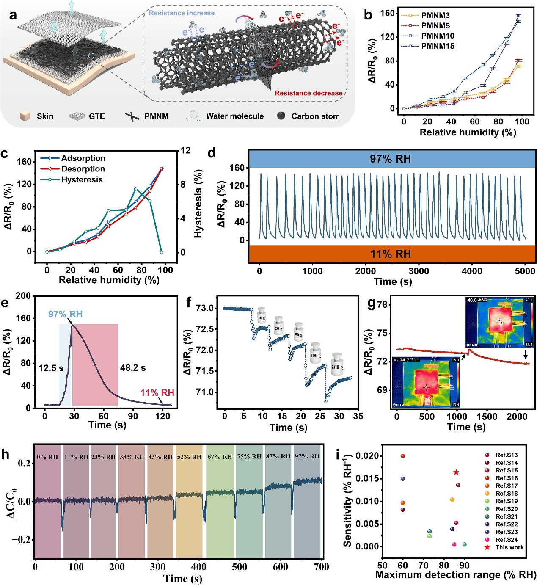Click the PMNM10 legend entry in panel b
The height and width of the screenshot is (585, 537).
(x=437, y=36)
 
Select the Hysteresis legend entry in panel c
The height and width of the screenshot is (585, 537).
(x=82, y=179)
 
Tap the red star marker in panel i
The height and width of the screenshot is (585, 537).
(x=456, y=472)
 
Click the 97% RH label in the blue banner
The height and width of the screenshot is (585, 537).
(x=390, y=159)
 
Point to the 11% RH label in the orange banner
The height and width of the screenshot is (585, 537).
(x=390, y=254)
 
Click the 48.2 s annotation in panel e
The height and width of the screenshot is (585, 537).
(x=133, y=368)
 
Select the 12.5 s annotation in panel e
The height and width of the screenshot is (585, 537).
(x=51, y=368)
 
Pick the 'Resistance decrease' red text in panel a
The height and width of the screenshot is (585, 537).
(x=308, y=93)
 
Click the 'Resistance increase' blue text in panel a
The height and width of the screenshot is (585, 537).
(x=182, y=13)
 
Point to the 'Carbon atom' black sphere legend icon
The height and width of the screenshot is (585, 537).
(x=281, y=116)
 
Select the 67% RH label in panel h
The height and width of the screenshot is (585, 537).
(x=220, y=457)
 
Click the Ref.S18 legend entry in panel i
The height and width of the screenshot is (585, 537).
(x=506, y=494)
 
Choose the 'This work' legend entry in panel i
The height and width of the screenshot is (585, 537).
(x=509, y=547)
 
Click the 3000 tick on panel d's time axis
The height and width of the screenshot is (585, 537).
(x=419, y=271)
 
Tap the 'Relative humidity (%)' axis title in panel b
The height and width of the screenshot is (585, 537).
(x=467, y=132)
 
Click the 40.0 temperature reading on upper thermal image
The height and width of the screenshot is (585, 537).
(x=472, y=300)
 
